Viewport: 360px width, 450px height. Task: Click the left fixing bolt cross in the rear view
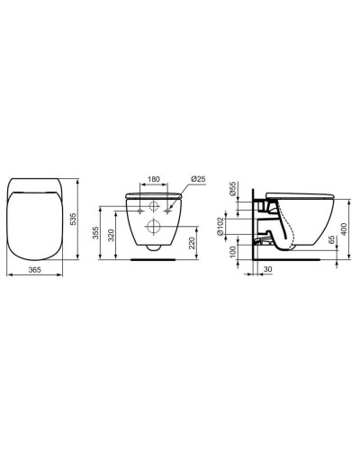pos(140,210)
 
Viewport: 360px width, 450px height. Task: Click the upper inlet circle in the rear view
pos(156,205)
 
